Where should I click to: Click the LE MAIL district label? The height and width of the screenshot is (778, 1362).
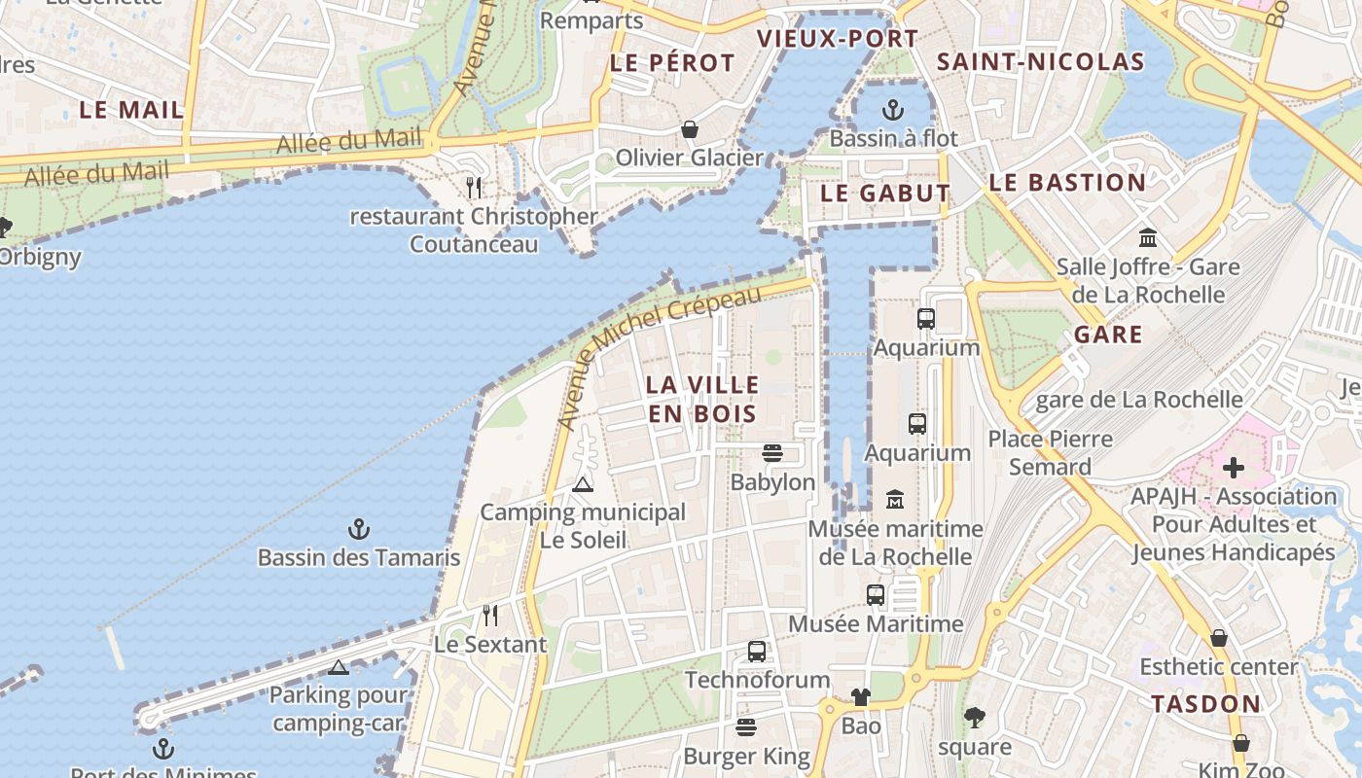click(131, 110)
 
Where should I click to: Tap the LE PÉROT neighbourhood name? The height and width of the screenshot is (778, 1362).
click(672, 63)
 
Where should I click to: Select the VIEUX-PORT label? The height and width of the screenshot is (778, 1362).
click(837, 39)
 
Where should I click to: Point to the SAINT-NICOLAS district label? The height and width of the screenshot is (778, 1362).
click(1040, 62)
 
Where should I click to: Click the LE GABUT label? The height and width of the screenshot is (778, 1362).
click(884, 193)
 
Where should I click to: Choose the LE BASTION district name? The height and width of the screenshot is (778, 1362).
click(1067, 183)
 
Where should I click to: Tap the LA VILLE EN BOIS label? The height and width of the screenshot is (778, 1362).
click(701, 399)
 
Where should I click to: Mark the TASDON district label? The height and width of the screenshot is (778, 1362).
click(1205, 703)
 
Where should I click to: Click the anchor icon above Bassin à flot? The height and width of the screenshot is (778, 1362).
click(893, 109)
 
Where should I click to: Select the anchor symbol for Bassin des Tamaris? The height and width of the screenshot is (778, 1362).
click(359, 530)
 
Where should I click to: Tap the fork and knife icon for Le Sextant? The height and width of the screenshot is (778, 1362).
click(490, 616)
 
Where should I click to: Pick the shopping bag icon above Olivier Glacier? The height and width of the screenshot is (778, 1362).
click(689, 129)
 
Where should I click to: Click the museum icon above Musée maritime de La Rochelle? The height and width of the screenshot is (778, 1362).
click(895, 500)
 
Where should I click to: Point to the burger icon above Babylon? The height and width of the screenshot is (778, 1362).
click(772, 453)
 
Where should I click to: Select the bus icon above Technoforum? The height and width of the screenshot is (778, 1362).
click(756, 652)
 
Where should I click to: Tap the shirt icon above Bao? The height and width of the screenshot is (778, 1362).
click(860, 696)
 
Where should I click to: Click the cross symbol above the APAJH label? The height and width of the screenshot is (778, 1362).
click(1233, 468)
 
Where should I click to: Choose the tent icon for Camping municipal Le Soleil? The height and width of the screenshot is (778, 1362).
click(583, 484)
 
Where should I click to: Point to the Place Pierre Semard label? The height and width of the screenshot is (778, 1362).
click(1050, 453)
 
